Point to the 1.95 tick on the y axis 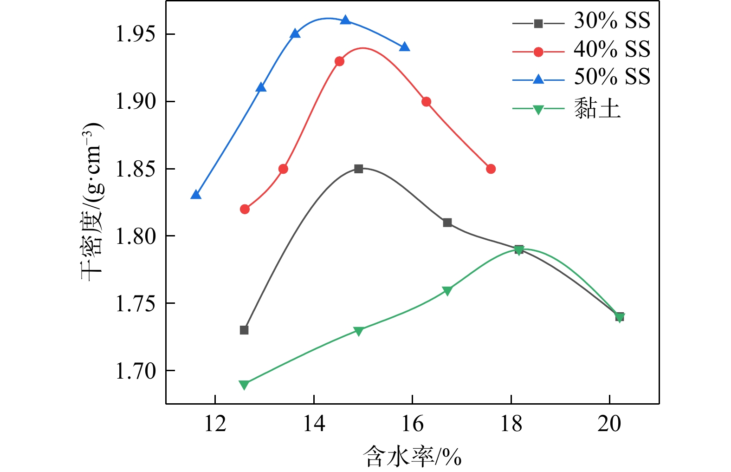(136, 34)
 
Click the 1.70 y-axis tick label (136, 371)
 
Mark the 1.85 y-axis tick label (136, 169)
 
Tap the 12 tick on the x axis (215, 424)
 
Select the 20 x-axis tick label (609, 424)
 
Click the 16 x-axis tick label (412, 424)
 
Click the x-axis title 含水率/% (412, 456)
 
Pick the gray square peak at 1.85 (358, 169)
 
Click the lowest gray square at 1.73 (244, 330)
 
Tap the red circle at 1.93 (339, 61)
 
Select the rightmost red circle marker (491, 169)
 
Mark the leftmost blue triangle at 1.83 (196, 195)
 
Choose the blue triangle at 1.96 (345, 20)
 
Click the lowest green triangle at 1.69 (244, 384)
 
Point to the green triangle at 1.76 (447, 291)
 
